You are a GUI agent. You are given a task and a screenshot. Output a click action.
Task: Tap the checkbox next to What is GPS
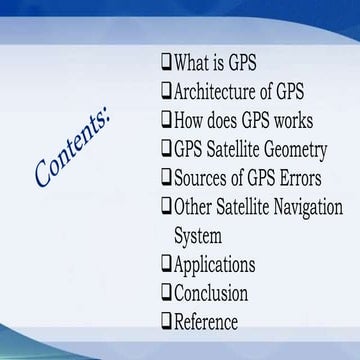click(166, 62)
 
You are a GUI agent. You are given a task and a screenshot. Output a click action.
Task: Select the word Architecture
click(214, 92)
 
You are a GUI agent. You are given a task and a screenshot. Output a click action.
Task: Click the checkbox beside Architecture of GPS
click(166, 91)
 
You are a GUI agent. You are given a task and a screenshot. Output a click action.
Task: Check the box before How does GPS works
click(166, 120)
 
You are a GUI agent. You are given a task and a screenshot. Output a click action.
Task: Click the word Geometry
click(291, 151)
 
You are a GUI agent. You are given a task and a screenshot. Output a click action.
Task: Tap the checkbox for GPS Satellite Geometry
click(166, 149)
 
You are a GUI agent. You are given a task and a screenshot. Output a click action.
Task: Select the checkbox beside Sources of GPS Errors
click(166, 178)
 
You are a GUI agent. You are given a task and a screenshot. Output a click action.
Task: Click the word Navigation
click(300, 208)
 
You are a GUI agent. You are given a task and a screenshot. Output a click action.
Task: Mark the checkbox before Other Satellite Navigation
click(166, 207)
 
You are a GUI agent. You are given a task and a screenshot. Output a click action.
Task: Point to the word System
click(197, 237)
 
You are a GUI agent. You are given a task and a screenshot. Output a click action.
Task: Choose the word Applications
click(214, 265)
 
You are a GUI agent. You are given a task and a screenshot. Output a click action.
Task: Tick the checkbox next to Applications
click(166, 264)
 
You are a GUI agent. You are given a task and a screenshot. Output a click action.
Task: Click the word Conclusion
click(211, 294)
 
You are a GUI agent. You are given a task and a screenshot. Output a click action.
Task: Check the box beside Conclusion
click(166, 292)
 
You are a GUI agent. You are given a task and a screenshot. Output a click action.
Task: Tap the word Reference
click(206, 322)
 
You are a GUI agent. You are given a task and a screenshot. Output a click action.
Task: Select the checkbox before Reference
click(166, 321)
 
